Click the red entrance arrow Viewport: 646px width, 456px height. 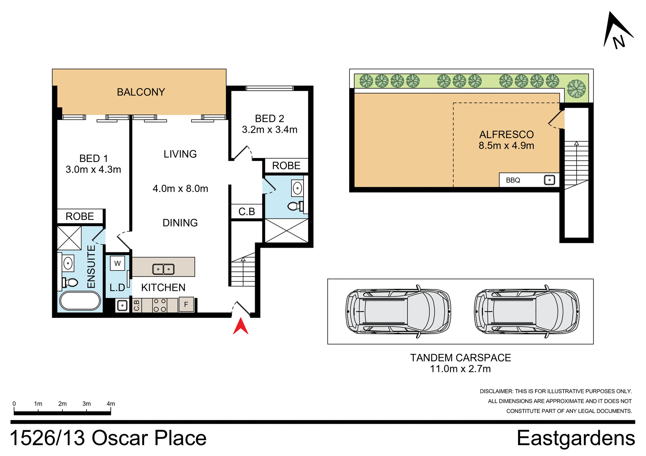[241, 326]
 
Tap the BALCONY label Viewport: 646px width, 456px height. [141, 92]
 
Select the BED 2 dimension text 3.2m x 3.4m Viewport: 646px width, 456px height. [270, 130]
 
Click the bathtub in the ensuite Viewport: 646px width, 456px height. [80, 301]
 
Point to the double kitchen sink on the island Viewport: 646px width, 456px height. [163, 269]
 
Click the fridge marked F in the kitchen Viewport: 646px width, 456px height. [186, 304]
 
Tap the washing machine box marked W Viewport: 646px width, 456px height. [117, 263]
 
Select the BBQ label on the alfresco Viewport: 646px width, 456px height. [513, 180]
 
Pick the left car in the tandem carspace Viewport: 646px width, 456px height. [398, 312]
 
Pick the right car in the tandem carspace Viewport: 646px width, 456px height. [527, 312]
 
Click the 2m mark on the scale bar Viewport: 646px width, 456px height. [62, 404]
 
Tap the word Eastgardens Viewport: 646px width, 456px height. [576, 438]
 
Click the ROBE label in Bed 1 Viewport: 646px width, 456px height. [80, 216]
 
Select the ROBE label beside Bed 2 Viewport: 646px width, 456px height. [286, 166]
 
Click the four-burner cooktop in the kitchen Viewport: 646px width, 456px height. [160, 305]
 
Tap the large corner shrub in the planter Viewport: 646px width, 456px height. [576, 89]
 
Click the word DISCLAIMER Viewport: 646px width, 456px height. [496, 391]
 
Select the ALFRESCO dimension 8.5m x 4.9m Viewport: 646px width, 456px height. [506, 146]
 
